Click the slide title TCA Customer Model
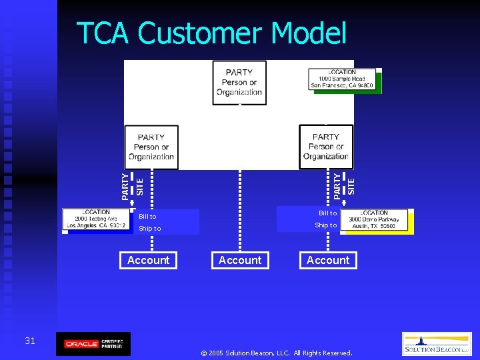pos(212,33)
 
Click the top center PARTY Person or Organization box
pos(239,83)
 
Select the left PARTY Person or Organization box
pos(151,147)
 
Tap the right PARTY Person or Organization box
pos(325,147)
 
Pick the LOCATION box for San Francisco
pos(342,79)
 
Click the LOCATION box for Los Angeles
pos(97,221)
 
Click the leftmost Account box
pos(148,260)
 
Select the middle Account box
pos(240,260)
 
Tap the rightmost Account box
pos(328,260)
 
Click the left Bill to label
pos(147,217)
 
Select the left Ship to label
pos(149,229)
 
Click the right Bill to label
pos(327,213)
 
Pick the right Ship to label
pos(326,225)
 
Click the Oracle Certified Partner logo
pos(93,344)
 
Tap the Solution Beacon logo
pos(437,344)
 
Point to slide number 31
pos(30,341)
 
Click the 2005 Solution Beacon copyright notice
pos(276,353)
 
